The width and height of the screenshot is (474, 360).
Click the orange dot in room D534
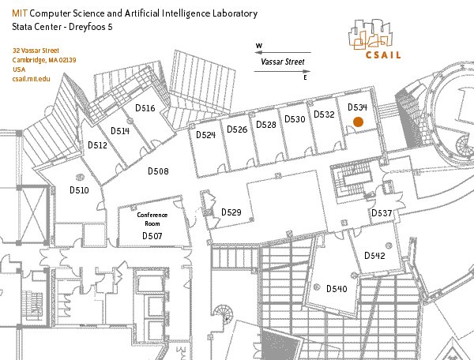tap(358, 122)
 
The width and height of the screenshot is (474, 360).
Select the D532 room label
tap(324, 114)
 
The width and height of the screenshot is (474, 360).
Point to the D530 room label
tap(295, 119)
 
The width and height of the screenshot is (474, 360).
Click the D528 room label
tap(266, 125)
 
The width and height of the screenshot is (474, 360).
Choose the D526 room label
tap(237, 129)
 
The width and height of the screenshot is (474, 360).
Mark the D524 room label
tap(205, 135)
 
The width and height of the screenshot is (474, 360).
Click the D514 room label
tap(119, 131)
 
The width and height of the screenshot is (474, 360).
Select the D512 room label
tap(97, 145)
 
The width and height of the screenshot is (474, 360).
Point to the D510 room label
tap(79, 190)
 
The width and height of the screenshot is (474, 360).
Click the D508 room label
tap(159, 171)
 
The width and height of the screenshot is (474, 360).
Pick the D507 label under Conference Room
tap(152, 236)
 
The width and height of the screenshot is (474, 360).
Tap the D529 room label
tap(231, 212)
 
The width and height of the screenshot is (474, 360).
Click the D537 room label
tap(382, 214)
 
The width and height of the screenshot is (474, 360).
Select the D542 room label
tap(374, 256)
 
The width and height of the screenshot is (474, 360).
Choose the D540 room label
tap(337, 289)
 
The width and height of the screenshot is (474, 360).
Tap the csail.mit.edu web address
tap(32, 80)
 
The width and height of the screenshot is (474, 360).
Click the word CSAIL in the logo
tap(383, 55)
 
